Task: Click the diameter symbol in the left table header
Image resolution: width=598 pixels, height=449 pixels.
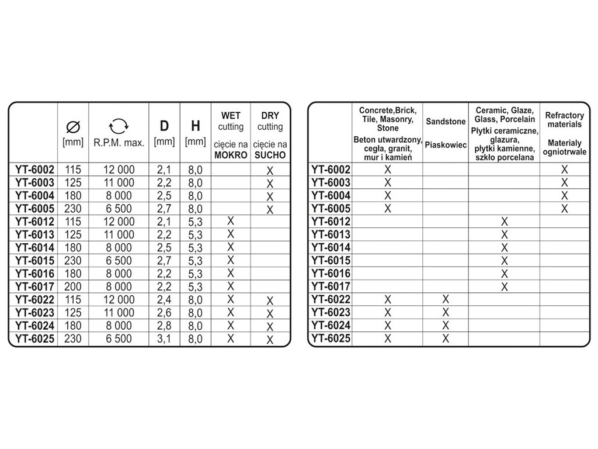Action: (x=73, y=126)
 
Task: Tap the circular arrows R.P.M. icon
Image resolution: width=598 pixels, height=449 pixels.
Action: (x=119, y=125)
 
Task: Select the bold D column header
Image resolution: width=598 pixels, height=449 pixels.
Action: (x=164, y=126)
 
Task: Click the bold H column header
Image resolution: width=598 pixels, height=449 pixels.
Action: (x=195, y=126)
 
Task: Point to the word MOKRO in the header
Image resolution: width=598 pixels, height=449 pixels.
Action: (x=230, y=156)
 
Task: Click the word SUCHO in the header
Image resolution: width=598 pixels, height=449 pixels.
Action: (x=270, y=156)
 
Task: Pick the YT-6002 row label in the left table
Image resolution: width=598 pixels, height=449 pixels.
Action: (x=34, y=170)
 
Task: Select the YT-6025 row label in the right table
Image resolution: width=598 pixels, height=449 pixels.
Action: (x=330, y=338)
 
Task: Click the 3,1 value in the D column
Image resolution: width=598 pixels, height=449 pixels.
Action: (x=164, y=339)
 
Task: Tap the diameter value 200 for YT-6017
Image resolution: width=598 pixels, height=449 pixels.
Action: (x=73, y=286)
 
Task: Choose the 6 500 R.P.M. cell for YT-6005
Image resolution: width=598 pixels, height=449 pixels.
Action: (x=119, y=209)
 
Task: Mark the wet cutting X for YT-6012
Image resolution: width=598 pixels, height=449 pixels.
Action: (x=230, y=221)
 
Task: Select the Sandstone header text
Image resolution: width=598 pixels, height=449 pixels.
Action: (x=446, y=122)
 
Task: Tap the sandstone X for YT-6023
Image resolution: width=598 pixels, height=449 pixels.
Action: (x=446, y=312)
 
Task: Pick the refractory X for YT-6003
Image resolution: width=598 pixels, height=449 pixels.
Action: (x=564, y=183)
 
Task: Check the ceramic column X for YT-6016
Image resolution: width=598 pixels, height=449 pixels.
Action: (x=505, y=274)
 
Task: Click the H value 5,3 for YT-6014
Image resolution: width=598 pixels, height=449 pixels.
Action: (x=195, y=248)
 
